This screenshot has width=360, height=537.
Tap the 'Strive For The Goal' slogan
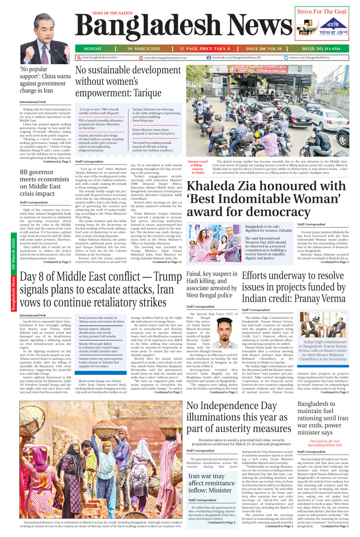point(321,12)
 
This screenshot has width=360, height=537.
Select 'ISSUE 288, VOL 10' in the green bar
point(264,49)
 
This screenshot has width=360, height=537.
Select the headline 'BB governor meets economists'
point(45,183)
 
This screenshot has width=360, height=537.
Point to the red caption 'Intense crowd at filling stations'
point(197,167)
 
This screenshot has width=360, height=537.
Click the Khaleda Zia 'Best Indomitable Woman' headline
point(266,199)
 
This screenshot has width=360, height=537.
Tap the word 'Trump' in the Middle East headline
point(168,277)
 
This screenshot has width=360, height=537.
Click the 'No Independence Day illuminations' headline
point(238,417)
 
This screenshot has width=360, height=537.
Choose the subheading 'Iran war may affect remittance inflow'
point(210,483)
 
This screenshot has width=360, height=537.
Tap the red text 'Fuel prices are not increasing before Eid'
point(324,443)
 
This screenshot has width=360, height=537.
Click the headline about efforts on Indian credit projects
point(293,287)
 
